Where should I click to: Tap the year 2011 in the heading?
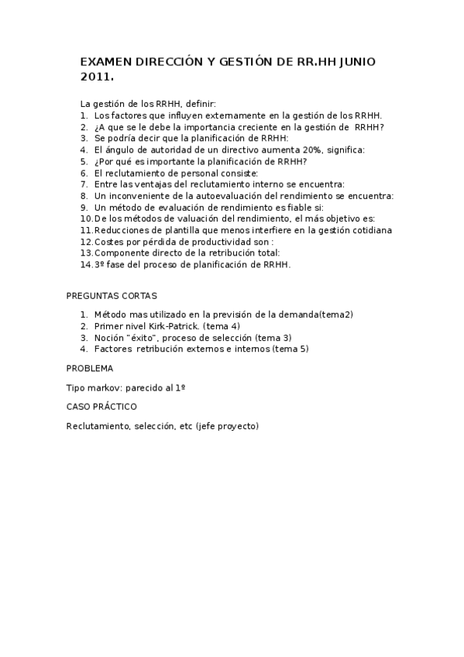pos(95,77)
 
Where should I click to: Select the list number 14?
pos(86,265)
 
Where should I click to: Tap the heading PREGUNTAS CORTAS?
pos(112,296)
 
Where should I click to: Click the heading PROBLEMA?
pos(90,368)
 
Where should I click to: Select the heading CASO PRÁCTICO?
pos(101,405)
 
